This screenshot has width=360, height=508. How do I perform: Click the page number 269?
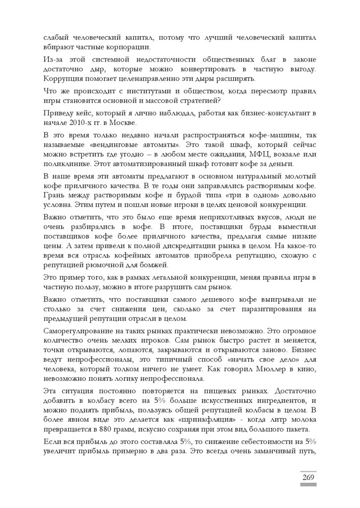click(x=308, y=477)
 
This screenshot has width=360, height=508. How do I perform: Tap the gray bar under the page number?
click(x=308, y=485)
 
